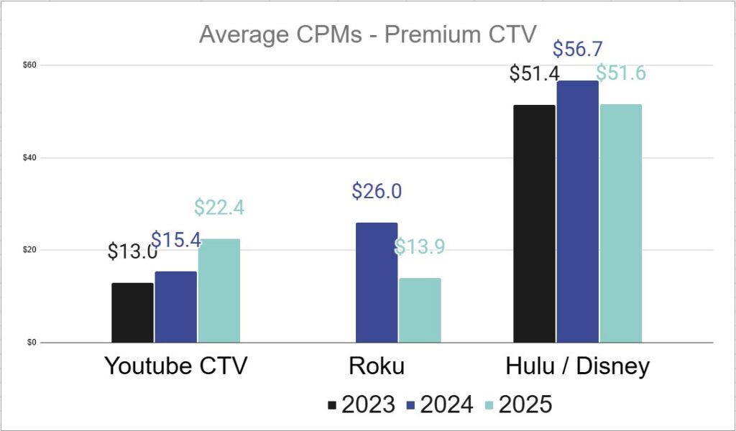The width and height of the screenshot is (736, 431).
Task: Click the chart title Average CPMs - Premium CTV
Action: (x=367, y=34)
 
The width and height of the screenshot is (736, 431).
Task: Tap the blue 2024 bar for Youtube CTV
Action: (x=176, y=307)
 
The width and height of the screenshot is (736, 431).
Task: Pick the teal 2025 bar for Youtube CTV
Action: (x=219, y=291)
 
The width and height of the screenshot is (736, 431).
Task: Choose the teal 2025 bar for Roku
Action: (x=420, y=310)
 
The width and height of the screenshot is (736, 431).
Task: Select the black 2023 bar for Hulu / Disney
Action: (x=534, y=223)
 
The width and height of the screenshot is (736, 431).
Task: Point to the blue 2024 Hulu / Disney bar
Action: (x=577, y=211)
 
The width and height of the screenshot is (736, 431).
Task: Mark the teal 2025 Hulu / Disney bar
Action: (x=620, y=223)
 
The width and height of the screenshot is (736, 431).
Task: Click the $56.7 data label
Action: (x=577, y=50)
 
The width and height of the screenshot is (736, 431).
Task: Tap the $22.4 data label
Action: (x=219, y=208)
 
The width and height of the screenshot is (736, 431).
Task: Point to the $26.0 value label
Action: (x=377, y=191)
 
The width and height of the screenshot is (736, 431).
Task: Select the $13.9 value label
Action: (x=420, y=247)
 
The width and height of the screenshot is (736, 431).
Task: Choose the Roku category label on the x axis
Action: (x=377, y=366)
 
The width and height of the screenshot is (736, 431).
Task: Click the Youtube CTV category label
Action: (x=176, y=366)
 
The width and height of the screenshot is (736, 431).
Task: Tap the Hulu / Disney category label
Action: (x=577, y=366)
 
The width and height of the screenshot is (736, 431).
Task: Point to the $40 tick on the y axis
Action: (x=29, y=157)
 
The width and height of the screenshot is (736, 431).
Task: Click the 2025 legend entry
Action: (x=517, y=404)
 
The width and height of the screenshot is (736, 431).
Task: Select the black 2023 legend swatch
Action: (x=332, y=405)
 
